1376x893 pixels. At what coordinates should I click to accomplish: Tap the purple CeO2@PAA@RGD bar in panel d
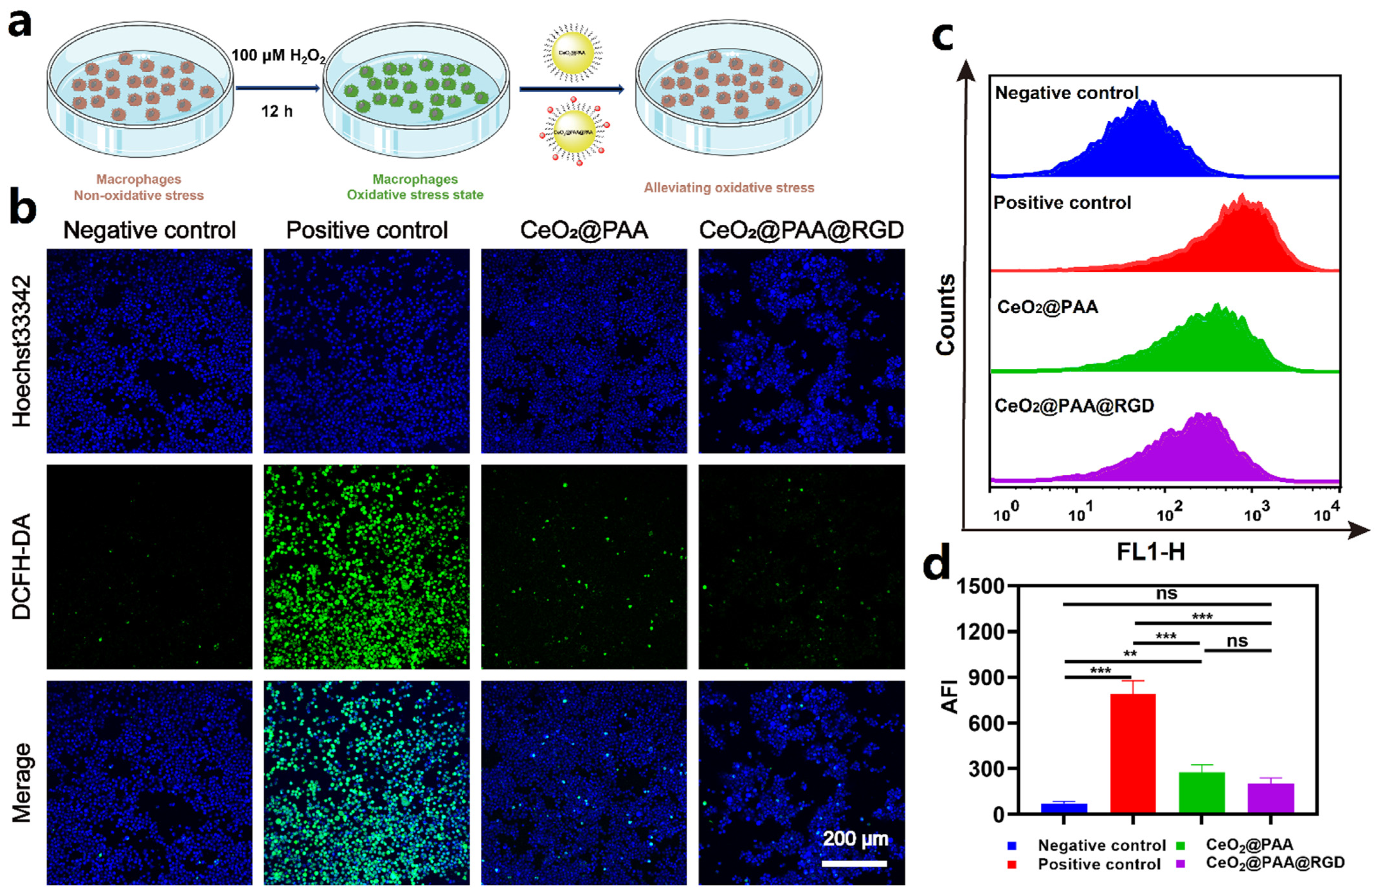coord(1271,799)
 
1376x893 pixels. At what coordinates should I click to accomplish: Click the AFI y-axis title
coord(949,697)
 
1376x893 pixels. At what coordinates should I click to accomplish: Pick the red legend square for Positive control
coord(1012,865)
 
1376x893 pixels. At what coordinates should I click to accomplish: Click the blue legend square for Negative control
coord(1012,845)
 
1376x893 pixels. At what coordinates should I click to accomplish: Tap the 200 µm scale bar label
coord(855,839)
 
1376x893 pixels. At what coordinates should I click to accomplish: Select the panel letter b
coord(23,209)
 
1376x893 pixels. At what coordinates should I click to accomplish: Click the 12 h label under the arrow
coord(277,111)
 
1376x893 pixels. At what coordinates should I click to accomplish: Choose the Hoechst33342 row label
coord(22,351)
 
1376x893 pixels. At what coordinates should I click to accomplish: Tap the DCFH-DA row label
coord(22,567)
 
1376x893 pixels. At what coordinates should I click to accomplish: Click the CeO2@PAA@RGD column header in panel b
coord(801,230)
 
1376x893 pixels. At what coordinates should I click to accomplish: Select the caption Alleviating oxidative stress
coord(729,188)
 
